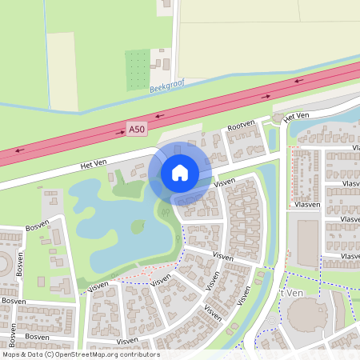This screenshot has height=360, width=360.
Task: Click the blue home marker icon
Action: (x=180, y=173)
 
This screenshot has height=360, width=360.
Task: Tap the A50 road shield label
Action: (x=137, y=128)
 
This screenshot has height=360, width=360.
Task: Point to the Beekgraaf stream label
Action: (x=166, y=86)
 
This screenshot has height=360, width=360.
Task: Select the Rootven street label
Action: (x=241, y=126)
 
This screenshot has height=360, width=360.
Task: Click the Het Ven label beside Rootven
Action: (x=296, y=117)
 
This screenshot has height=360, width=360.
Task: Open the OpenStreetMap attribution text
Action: (x=80, y=354)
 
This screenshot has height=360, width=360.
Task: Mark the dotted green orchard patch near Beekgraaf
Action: (x=137, y=70)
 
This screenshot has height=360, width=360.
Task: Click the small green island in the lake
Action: (x=138, y=226)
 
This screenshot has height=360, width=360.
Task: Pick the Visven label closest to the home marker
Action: (x=223, y=184)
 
